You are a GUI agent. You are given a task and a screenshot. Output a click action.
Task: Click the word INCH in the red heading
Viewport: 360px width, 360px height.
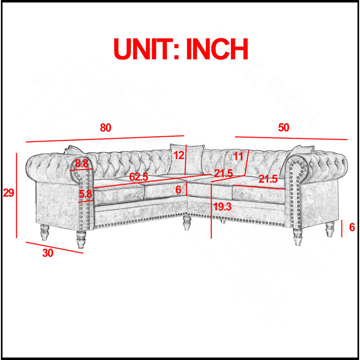click(x=217, y=49)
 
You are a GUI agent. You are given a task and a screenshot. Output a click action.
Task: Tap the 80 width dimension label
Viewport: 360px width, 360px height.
click(x=106, y=128)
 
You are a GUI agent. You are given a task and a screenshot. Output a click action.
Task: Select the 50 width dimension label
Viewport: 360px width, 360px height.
click(x=283, y=127)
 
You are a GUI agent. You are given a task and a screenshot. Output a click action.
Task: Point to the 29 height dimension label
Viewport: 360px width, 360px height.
click(x=9, y=193)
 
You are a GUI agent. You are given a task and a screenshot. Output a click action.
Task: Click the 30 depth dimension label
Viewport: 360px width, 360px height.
click(x=48, y=253)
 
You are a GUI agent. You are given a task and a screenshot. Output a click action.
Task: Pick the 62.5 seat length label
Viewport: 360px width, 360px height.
click(x=139, y=177)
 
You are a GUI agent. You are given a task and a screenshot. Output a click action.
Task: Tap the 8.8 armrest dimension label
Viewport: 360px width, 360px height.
click(x=82, y=164)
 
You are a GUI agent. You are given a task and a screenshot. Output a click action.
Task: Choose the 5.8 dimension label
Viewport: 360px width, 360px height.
click(x=85, y=194)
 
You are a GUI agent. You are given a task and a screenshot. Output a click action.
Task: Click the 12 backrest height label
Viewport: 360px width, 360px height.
click(x=179, y=155)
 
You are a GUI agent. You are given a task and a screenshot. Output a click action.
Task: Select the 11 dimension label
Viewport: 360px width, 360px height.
click(x=238, y=157)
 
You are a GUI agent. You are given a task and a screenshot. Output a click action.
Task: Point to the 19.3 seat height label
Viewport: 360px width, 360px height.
click(x=222, y=207)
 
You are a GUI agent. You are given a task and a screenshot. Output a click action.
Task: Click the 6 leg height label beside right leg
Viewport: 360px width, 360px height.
click(x=352, y=227)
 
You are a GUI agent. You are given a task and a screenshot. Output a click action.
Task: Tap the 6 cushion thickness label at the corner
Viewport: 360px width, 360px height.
click(x=178, y=190)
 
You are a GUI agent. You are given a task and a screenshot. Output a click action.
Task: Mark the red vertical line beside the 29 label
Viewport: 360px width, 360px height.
click(x=17, y=196)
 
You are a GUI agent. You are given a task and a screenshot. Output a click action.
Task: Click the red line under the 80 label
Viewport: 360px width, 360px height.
click(x=105, y=139)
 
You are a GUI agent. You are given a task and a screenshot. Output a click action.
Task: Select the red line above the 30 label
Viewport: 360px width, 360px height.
click(x=54, y=247)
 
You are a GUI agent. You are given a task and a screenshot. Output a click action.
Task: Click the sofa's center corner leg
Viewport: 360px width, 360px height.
click(x=187, y=223)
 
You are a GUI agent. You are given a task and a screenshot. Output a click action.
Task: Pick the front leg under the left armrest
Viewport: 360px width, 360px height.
click(x=81, y=239)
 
